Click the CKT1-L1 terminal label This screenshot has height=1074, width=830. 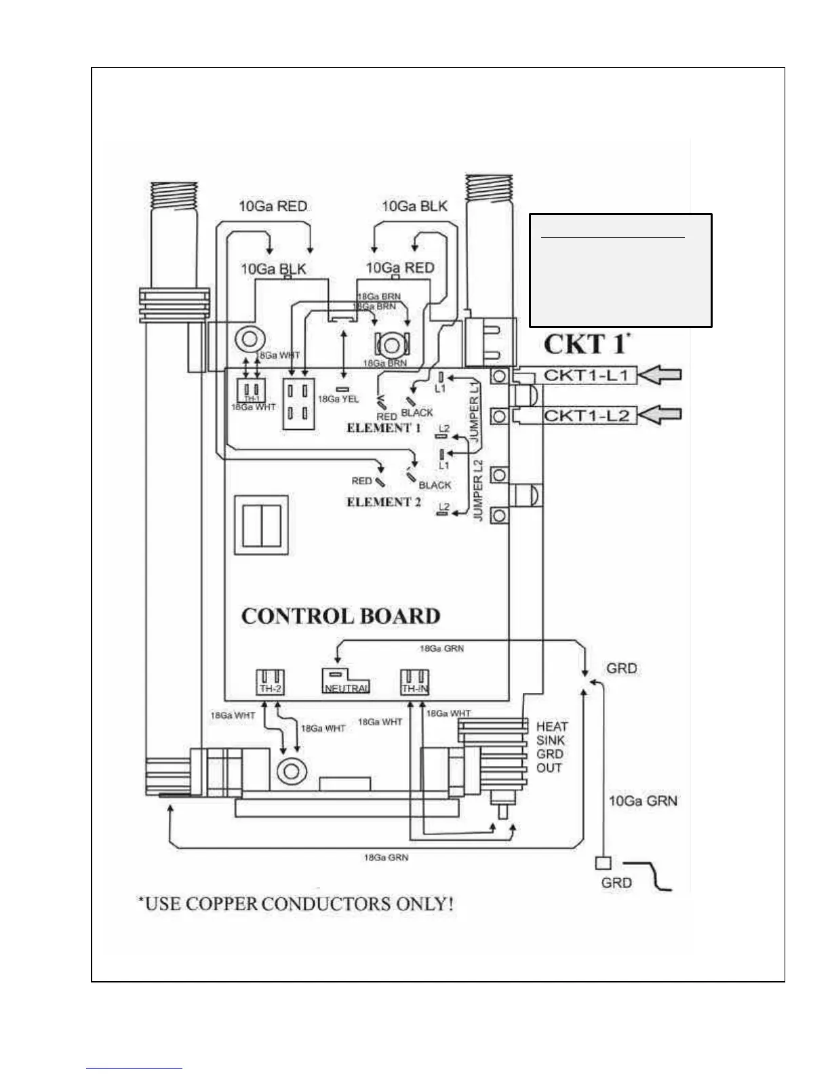[x=589, y=375]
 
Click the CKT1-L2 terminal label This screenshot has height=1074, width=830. [x=589, y=414]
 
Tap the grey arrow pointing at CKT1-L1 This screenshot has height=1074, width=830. [x=660, y=375]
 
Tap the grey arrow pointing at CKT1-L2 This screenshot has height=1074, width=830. [x=660, y=414]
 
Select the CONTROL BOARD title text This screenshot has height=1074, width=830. [x=341, y=616]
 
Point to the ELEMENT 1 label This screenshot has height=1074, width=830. [x=383, y=428]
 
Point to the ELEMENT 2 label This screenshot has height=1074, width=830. [x=383, y=502]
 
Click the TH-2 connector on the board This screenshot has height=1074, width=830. [x=270, y=681]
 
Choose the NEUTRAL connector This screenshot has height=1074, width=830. [x=345, y=681]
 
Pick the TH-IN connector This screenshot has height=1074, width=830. [x=414, y=681]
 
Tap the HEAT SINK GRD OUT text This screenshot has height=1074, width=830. [x=551, y=747]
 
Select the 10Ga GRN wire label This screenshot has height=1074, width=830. [x=642, y=801]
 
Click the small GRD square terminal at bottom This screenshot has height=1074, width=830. [x=603, y=863]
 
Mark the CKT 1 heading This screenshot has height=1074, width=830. [x=587, y=344]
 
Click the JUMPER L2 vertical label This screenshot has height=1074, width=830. [x=478, y=490]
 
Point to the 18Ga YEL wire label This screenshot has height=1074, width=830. [x=338, y=399]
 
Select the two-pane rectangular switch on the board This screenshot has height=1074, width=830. [x=261, y=526]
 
